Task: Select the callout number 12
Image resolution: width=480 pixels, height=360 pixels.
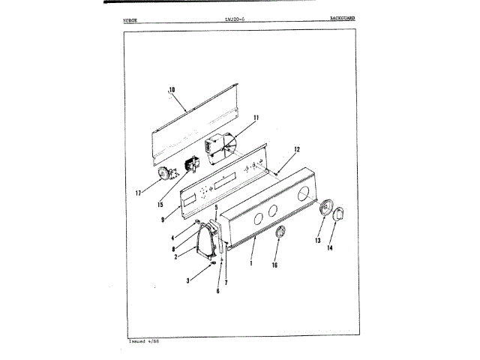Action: pos(296,148)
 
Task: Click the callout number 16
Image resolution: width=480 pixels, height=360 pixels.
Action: pos(274,265)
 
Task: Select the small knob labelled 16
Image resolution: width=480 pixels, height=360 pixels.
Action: pos(279,234)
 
